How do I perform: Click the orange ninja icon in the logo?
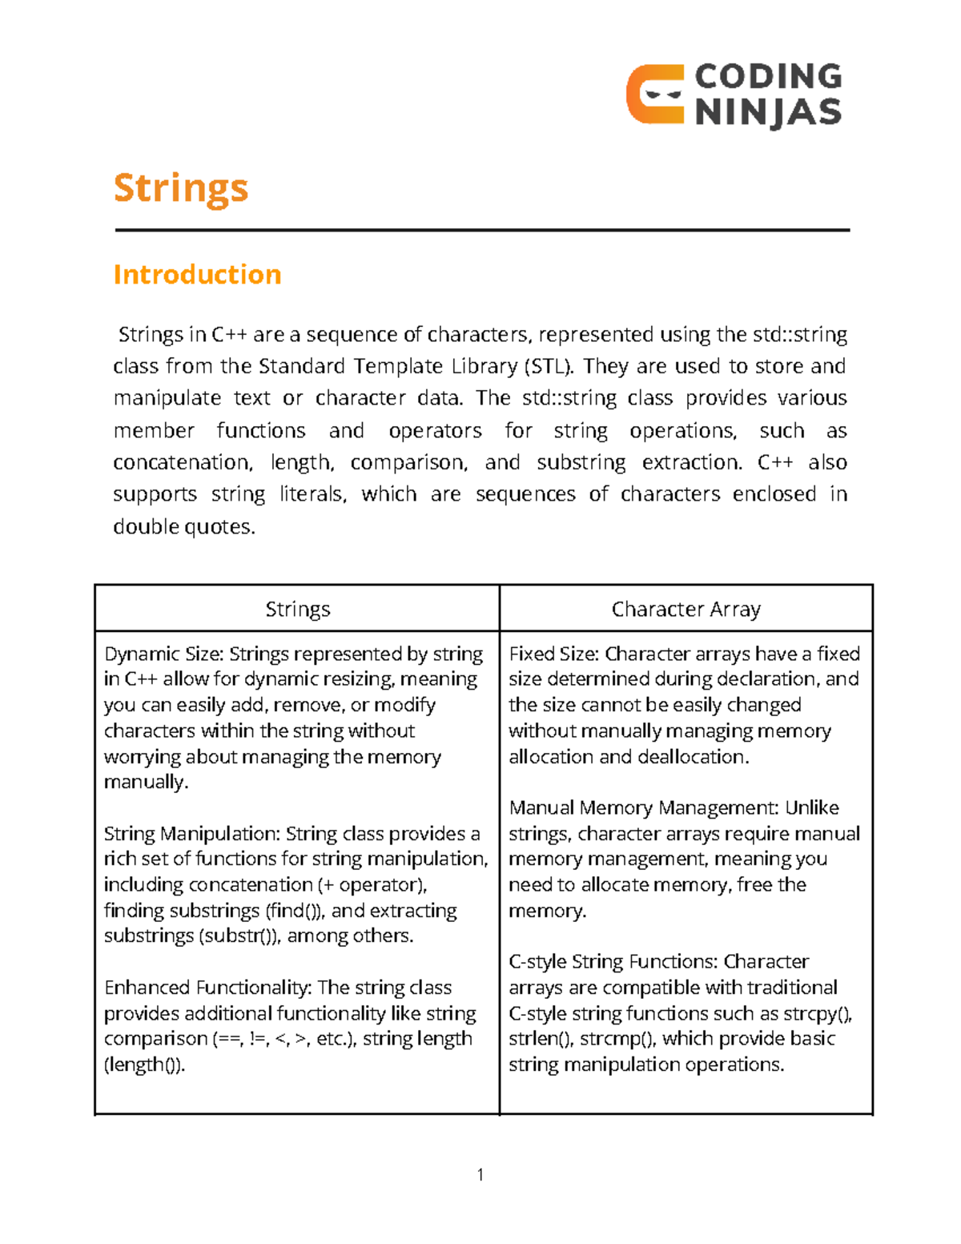[654, 95]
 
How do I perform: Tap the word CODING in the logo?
[768, 77]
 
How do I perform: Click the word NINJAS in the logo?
[768, 112]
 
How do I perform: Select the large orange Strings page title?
[181, 189]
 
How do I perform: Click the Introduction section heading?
[197, 275]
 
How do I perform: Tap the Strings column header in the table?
[297, 610]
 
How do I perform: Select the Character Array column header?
[686, 610]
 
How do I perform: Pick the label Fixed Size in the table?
[553, 654]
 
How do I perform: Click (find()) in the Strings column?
[293, 911]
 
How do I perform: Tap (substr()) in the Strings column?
[239, 936]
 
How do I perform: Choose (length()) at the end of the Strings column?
[144, 1065]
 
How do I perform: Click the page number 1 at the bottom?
[480, 1175]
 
